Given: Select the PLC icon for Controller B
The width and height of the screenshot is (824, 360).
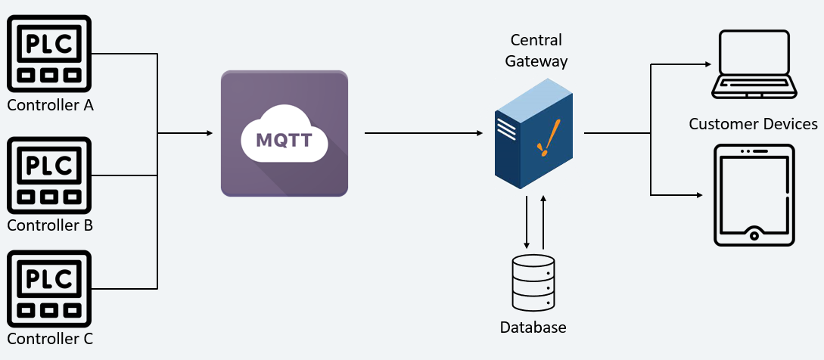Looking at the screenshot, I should pyautogui.click(x=49, y=175).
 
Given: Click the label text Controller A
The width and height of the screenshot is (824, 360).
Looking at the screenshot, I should pyautogui.click(x=50, y=105).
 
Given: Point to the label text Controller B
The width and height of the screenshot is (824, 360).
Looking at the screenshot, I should pyautogui.click(x=50, y=225).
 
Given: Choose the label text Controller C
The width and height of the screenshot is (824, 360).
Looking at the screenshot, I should pyautogui.click(x=50, y=339).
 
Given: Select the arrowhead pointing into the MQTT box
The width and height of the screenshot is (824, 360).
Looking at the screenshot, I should pyautogui.click(x=209, y=134).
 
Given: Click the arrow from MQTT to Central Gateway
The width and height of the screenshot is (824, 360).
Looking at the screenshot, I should pyautogui.click(x=424, y=134).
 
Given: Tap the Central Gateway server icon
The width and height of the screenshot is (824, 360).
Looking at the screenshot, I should pyautogui.click(x=533, y=134).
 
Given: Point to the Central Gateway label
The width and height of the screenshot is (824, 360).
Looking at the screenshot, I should pyautogui.click(x=536, y=51).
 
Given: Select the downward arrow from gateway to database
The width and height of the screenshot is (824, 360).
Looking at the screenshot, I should pyautogui.click(x=527, y=223).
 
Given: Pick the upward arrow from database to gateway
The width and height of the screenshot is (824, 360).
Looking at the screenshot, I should pyautogui.click(x=543, y=223).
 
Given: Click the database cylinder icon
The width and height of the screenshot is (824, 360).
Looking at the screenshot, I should pyautogui.click(x=533, y=282).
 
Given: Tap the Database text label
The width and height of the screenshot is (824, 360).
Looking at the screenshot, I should pyautogui.click(x=533, y=327).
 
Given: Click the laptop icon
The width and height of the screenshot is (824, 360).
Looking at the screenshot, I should pyautogui.click(x=754, y=64).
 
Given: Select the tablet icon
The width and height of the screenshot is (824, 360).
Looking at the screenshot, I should pyautogui.click(x=754, y=194).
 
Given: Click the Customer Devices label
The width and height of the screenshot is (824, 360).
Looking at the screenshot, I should pyautogui.click(x=753, y=123).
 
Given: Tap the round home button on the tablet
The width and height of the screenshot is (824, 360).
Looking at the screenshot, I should pyautogui.click(x=754, y=236).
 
